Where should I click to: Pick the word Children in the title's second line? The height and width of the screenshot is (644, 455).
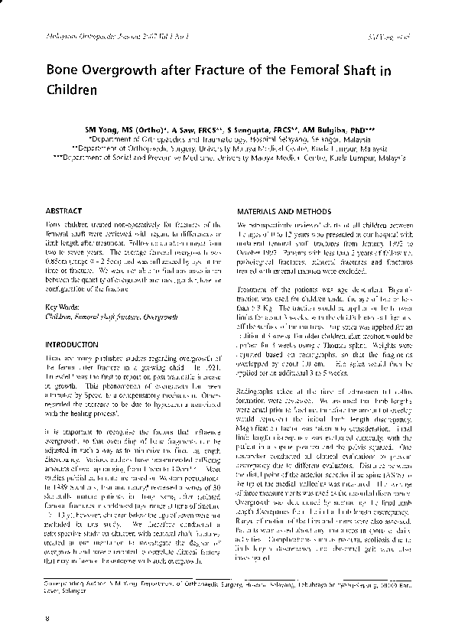(75, 89)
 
